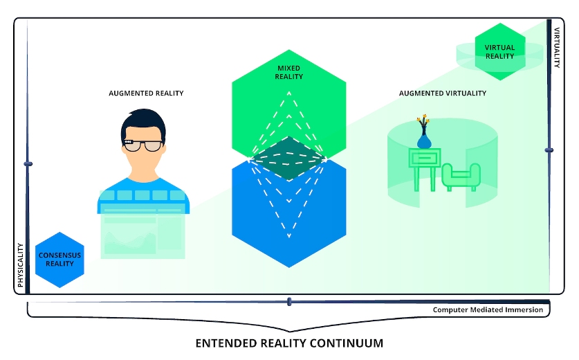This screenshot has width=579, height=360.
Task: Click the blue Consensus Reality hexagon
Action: point(59,260)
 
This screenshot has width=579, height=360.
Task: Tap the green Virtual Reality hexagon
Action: point(499,51)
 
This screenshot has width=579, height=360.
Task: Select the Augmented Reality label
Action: point(146,93)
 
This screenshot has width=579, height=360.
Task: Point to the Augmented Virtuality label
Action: point(443,93)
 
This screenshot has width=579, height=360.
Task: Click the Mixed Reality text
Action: point(289,72)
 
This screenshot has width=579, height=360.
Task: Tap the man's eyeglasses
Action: point(144,145)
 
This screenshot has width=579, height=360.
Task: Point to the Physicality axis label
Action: point(20,264)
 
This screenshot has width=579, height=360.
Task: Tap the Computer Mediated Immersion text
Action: point(488,309)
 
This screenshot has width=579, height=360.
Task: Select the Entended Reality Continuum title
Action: point(289,343)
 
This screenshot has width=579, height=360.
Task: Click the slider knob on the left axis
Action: point(28,164)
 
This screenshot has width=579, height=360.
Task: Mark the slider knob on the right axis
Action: point(549,149)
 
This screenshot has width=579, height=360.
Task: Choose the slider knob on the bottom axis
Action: point(289,301)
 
